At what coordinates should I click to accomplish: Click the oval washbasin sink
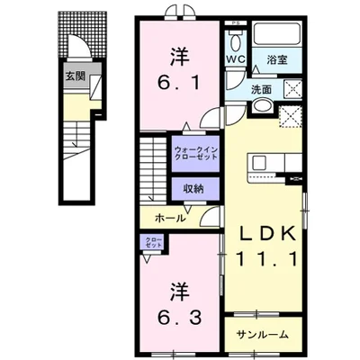coord(262,106)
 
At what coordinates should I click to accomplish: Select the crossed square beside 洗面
coord(292,88)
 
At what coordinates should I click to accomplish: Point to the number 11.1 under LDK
coord(268,259)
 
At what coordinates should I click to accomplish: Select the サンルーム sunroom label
coord(263,335)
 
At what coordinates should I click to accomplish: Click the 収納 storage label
coord(193,189)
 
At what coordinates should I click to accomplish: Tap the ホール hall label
coord(171,218)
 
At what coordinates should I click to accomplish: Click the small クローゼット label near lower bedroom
coord(155,242)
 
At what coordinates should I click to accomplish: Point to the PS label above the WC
coord(236,23)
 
